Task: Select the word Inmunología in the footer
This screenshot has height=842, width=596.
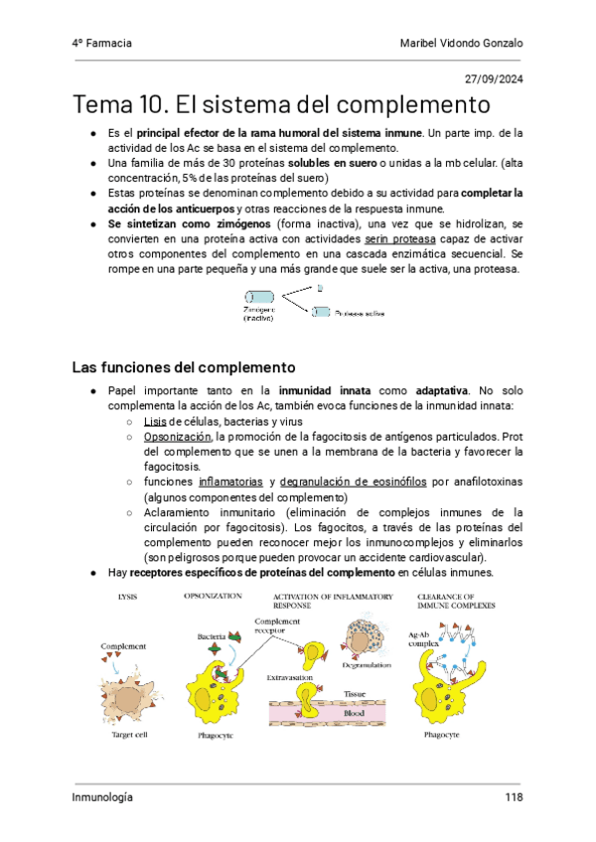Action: (102, 796)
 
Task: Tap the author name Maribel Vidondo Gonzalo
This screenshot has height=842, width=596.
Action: (461, 44)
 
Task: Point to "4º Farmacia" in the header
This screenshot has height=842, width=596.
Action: (102, 44)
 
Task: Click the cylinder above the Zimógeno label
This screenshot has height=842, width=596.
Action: (260, 296)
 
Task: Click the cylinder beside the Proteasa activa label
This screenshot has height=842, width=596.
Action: (321, 312)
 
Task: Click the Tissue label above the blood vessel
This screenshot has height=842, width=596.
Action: (355, 694)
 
